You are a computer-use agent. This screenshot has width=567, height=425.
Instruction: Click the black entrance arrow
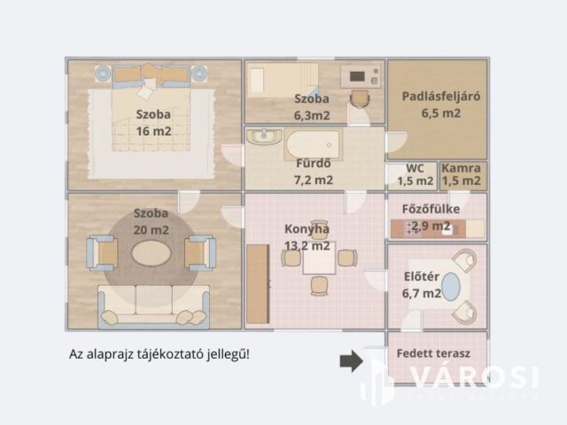coord(352,359)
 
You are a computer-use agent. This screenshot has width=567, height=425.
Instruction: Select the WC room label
coord(416,167)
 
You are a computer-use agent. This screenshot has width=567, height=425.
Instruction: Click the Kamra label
coord(461,167)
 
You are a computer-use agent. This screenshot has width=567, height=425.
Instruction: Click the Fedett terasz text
coord(433,353)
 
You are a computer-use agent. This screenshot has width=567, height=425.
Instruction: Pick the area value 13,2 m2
coord(307,245)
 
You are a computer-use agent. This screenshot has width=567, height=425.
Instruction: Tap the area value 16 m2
coord(153,130)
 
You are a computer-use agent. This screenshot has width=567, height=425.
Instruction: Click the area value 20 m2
coord(151,229)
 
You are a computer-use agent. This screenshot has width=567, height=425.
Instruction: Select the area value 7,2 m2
coord(314,180)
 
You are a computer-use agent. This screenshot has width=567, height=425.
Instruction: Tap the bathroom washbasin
coord(263,138)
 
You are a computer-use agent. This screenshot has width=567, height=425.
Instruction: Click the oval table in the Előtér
coord(451,287)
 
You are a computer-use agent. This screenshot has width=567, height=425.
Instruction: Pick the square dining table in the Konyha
coord(318,259)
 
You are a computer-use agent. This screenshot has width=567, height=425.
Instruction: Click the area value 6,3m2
coord(312,114)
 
